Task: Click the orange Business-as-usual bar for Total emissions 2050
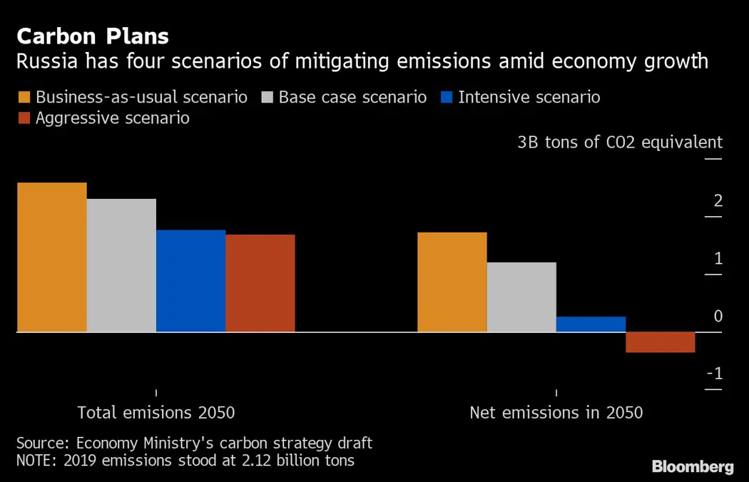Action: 51,257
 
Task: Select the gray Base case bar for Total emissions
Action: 121,265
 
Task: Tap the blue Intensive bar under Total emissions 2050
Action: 190,281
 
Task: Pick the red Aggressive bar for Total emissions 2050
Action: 260,283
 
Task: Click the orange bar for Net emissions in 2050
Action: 452,282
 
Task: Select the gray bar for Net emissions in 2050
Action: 521,297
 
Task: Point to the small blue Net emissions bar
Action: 591,324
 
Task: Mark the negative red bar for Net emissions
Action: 661,342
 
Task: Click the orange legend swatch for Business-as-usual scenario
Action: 24,97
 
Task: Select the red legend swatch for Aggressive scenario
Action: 24,118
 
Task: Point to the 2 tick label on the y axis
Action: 718,201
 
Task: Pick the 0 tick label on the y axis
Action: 718,317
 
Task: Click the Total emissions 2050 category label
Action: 156,413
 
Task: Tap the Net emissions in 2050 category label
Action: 556,413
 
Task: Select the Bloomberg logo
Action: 692,467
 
